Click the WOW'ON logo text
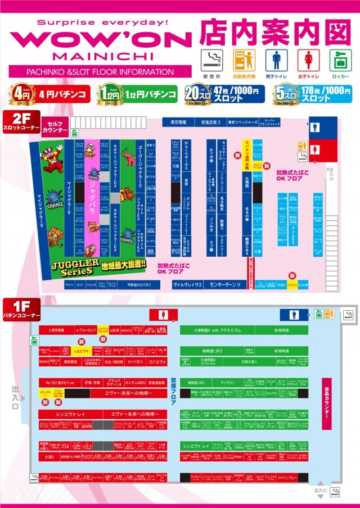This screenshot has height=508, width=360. [x=101, y=40]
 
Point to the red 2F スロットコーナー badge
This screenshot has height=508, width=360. [x=20, y=124]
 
